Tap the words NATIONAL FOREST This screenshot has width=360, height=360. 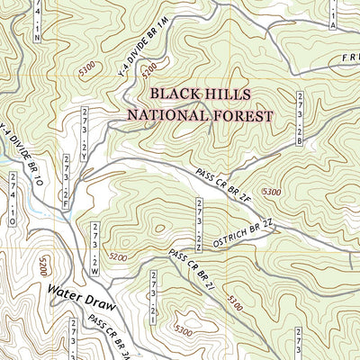tap(199, 114)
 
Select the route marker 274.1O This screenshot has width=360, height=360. tap(13, 199)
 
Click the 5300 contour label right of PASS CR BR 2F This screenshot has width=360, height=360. tap(270, 192)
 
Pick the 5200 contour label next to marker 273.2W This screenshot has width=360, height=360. tap(117, 256)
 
